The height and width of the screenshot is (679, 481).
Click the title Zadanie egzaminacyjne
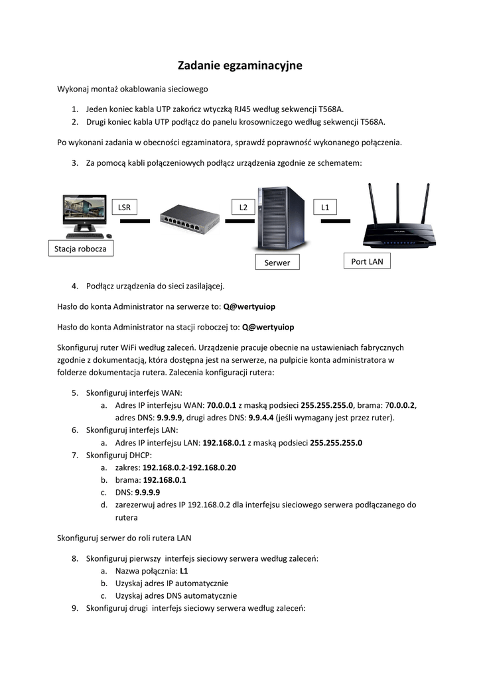(240, 65)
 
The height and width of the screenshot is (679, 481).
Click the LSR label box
(124, 208)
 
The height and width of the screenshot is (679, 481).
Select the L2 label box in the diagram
(243, 208)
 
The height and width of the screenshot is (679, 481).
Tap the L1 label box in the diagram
(325, 208)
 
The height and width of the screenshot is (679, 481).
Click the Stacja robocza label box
(80, 249)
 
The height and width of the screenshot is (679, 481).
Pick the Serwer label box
(277, 263)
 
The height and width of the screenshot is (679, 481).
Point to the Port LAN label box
(367, 261)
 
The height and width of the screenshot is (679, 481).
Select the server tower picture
(281, 219)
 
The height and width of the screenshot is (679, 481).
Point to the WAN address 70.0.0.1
(222, 405)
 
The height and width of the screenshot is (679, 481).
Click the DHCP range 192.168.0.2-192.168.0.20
(190, 467)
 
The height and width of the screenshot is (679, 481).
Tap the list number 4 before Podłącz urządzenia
(76, 286)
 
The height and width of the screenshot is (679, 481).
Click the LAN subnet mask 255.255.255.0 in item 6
(336, 443)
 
